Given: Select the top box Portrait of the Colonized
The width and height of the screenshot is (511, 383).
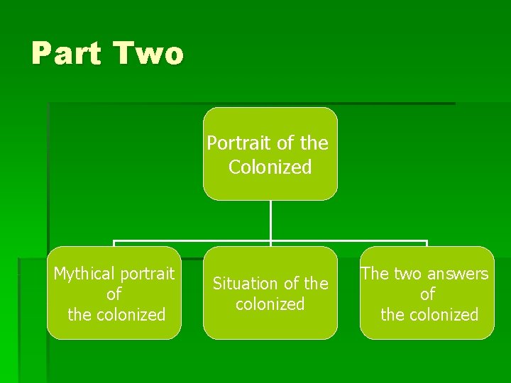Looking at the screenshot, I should [x=270, y=154].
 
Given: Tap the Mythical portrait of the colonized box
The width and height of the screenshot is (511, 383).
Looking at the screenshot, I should [x=114, y=293].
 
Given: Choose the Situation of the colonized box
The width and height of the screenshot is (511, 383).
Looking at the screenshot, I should [x=270, y=293].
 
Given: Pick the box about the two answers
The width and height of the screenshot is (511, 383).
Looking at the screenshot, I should [x=427, y=293].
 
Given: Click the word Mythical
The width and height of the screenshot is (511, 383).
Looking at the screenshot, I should [x=83, y=274].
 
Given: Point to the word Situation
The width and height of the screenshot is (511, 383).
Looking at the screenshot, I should [x=245, y=284].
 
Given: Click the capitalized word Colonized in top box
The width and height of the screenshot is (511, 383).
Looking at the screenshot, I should [x=270, y=167].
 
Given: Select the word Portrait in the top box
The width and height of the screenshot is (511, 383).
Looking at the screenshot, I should [x=239, y=143].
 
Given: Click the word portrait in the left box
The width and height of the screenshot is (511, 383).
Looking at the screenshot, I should [x=146, y=274].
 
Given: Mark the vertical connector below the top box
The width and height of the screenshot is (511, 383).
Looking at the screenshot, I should [x=270, y=221].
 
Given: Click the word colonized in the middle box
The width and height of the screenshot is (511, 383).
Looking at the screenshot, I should [x=270, y=304].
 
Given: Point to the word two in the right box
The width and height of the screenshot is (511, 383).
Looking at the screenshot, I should [x=404, y=274].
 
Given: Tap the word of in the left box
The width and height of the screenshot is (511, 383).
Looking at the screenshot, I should [x=114, y=294].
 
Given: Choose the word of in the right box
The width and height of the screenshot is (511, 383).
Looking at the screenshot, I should [x=427, y=294].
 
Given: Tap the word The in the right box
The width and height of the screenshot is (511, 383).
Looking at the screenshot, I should [x=373, y=274].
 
